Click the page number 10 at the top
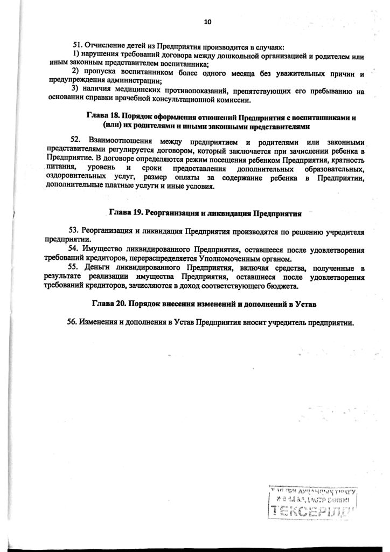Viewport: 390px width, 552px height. pos(207,22)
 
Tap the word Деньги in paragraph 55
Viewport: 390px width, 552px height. pos(97,268)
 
